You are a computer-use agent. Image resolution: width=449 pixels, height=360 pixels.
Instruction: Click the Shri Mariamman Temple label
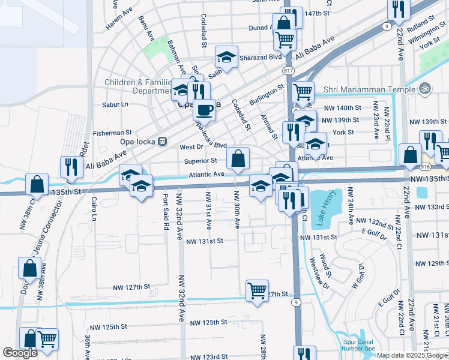coord(369,90)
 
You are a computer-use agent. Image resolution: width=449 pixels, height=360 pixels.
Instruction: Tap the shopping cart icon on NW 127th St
coord(258,290)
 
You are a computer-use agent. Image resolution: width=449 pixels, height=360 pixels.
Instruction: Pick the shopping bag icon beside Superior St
coord(238,159)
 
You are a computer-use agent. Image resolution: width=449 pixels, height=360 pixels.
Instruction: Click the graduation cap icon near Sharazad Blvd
coord(226,57)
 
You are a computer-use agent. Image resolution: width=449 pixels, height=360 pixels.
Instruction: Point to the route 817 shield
coord(288,70)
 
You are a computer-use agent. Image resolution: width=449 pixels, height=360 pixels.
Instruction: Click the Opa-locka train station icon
coord(161,142)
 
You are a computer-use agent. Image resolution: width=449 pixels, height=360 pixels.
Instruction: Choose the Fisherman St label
coord(112,133)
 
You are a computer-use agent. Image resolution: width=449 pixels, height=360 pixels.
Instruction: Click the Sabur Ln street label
coord(116,104)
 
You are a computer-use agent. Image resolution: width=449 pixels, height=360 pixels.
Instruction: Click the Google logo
coord(20,353)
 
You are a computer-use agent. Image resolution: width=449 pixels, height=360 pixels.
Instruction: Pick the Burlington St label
coord(267,95)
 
